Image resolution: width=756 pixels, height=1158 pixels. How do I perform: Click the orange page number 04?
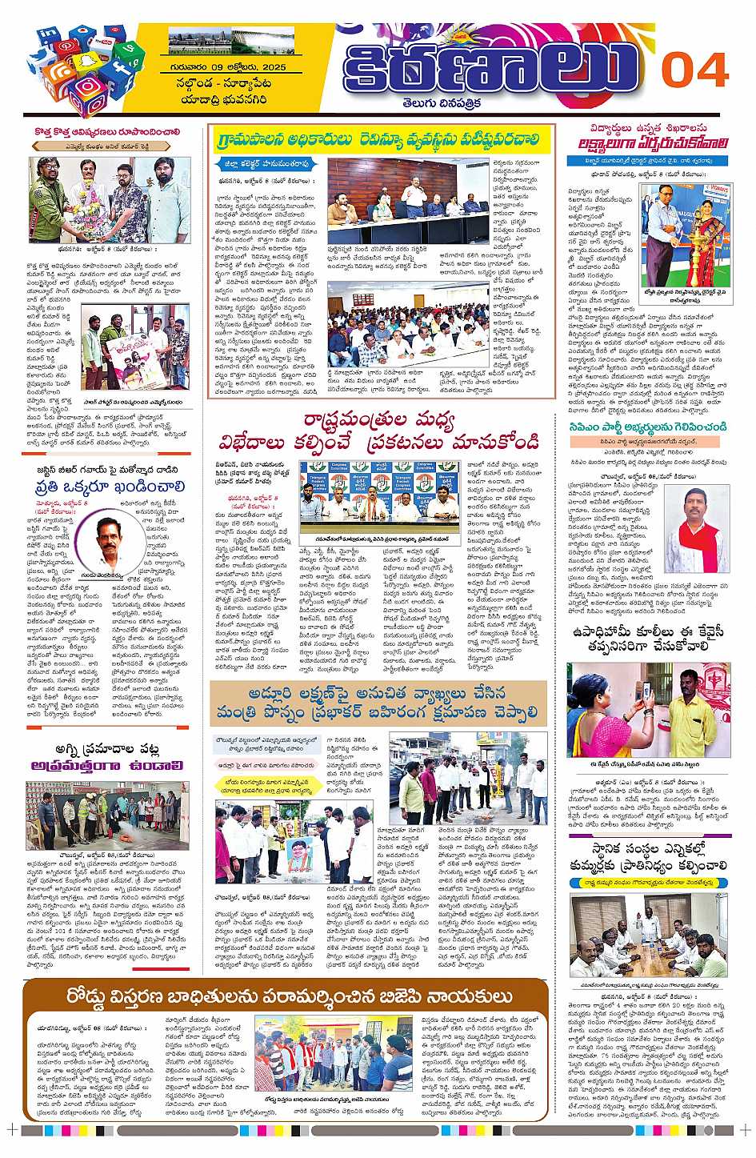tap(694, 70)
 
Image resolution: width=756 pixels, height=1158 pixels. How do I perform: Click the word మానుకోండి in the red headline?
tap(493, 441)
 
